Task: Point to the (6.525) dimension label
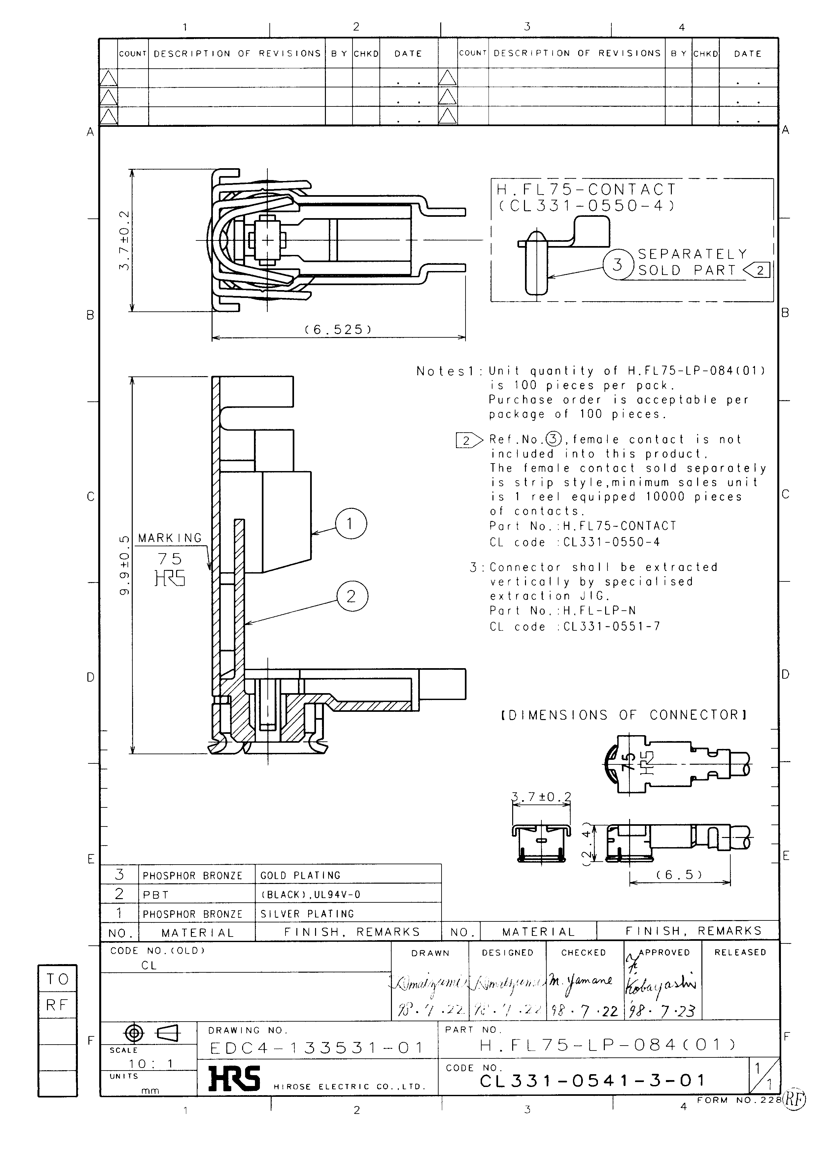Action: [338, 330]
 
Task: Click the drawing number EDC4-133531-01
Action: [317, 1048]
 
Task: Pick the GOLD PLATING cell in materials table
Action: [300, 875]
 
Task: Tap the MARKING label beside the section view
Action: [170, 538]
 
